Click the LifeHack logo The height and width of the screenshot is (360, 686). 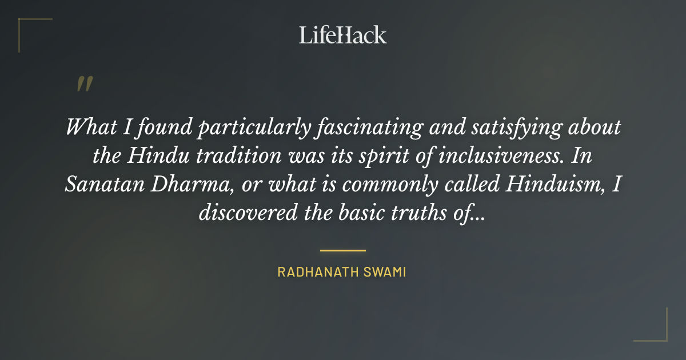pyautogui.click(x=342, y=35)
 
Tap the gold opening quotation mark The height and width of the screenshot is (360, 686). pyautogui.click(x=84, y=85)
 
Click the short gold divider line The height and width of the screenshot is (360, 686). pyautogui.click(x=342, y=250)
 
